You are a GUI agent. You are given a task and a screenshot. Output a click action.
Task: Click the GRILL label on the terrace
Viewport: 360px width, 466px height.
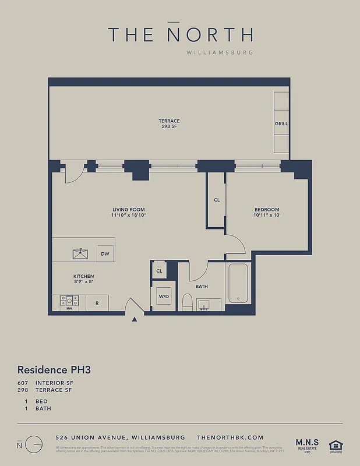tap(281, 124)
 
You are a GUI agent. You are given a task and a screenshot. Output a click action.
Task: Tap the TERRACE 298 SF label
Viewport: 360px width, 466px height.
tap(169, 124)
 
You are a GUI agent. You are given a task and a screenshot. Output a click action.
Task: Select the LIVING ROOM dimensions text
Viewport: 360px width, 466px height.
tap(129, 216)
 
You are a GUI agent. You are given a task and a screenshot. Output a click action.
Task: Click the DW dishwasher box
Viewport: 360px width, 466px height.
tap(105, 254)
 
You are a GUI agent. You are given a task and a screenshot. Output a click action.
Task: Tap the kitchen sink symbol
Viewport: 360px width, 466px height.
tap(80, 253)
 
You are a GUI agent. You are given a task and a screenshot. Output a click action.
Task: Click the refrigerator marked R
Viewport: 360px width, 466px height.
tap(97, 303)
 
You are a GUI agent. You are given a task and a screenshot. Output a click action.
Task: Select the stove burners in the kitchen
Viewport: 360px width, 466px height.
tap(69, 301)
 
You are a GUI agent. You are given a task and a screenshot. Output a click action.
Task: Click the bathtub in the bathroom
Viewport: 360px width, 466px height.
tap(239, 284)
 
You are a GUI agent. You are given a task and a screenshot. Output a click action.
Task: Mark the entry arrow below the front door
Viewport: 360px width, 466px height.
tap(135, 319)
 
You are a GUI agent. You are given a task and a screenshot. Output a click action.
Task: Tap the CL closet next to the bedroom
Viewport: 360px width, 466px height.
tap(217, 200)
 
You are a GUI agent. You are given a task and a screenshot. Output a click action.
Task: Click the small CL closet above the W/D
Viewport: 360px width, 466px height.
tap(159, 271)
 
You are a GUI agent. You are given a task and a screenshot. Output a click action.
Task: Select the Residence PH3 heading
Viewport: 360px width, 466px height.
tap(54, 369)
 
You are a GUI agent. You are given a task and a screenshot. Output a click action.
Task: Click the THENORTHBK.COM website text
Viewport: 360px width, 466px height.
tap(230, 437)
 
